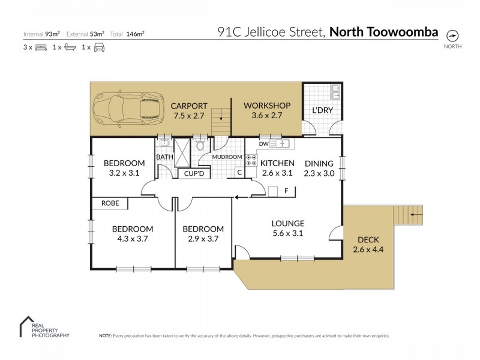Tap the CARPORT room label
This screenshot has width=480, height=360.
tap(189, 106)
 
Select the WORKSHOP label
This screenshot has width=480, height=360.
tap(266, 106)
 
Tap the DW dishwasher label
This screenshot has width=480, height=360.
tap(263, 144)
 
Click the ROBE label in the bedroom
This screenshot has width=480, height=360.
tap(110, 203)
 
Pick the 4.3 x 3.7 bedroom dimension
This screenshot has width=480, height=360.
tap(132, 238)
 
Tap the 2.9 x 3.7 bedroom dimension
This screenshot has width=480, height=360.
tap(203, 238)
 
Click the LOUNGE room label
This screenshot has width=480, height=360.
tap(287, 223)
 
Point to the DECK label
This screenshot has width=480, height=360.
tap(368, 239)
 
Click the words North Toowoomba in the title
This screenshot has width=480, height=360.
tap(384, 32)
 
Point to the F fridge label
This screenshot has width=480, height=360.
tap(286, 191)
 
